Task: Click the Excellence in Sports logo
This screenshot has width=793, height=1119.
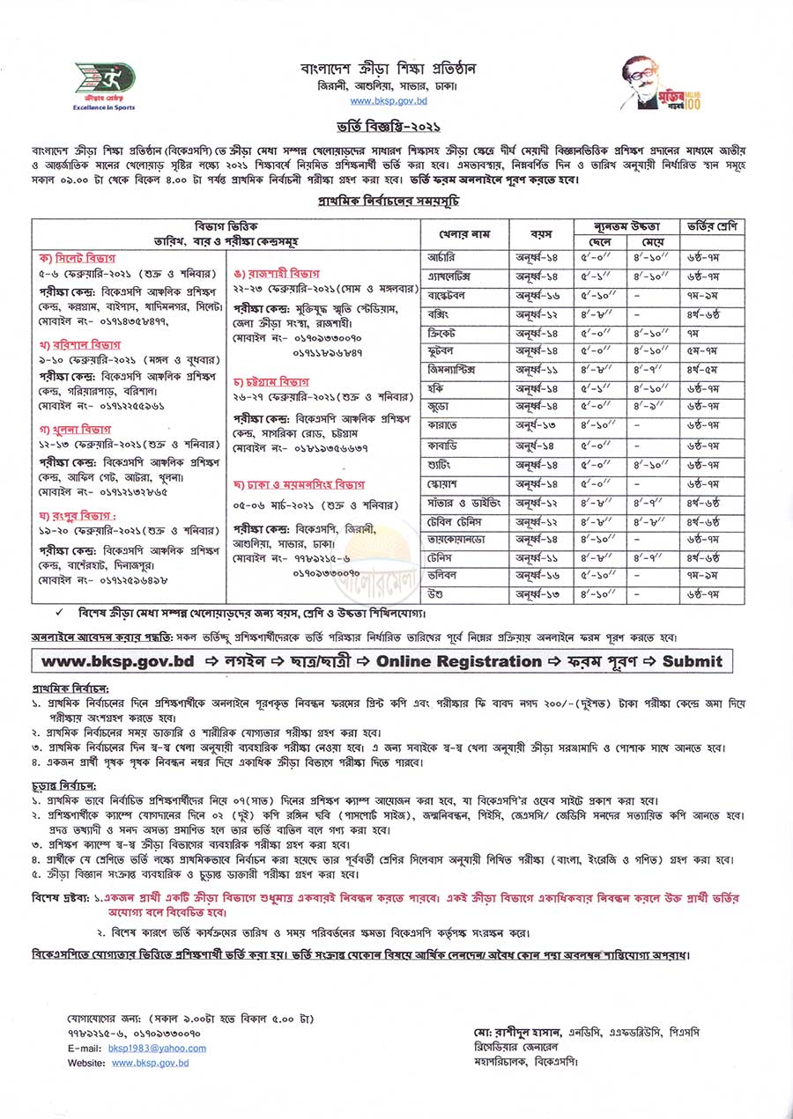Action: tap(104, 85)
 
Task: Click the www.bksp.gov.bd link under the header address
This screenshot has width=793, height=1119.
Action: tap(395, 102)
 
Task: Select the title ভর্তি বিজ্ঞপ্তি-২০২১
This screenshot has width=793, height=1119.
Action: tap(396, 129)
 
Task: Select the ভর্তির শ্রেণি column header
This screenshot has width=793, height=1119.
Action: tap(710, 226)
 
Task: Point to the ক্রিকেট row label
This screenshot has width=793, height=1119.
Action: tap(443, 333)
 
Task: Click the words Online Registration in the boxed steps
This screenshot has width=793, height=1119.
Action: tap(458, 661)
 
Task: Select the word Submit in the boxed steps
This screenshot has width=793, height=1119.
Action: tap(692, 661)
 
